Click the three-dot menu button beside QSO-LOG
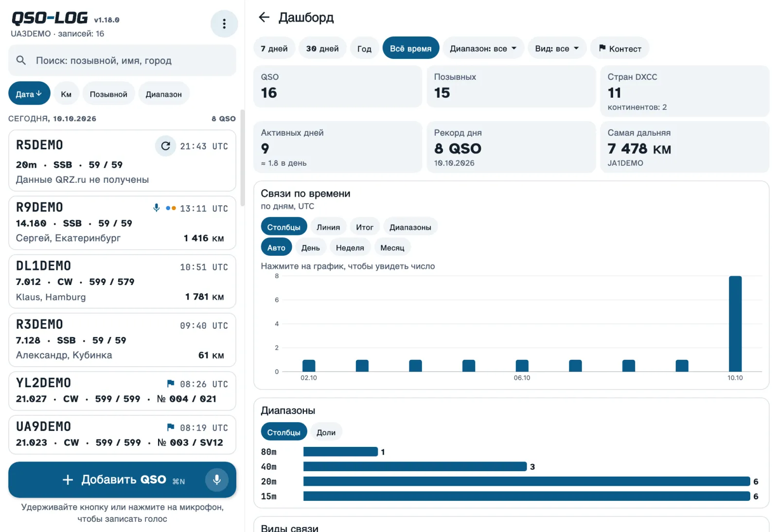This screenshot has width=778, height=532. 224,24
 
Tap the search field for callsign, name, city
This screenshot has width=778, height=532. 122,60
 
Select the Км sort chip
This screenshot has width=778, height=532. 66,94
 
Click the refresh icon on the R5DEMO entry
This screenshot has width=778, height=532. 165,146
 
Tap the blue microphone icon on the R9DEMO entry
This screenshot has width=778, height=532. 156,208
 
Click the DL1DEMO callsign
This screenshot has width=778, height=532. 43,266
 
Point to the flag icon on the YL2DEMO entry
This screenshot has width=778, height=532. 170,383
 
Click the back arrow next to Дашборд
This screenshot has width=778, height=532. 264,17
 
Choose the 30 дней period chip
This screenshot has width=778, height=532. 322,48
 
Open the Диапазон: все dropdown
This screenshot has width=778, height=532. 483,48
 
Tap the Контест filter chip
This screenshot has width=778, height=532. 620,48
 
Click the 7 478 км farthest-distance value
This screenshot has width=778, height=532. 639,149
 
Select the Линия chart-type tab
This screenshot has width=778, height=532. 328,227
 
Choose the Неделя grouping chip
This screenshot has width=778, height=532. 350,248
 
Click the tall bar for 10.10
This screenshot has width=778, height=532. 735,324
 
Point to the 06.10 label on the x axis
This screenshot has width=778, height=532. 522,378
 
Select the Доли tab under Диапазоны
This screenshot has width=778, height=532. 326,432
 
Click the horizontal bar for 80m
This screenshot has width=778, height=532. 340,452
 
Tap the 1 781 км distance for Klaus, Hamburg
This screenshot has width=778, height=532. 205,297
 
